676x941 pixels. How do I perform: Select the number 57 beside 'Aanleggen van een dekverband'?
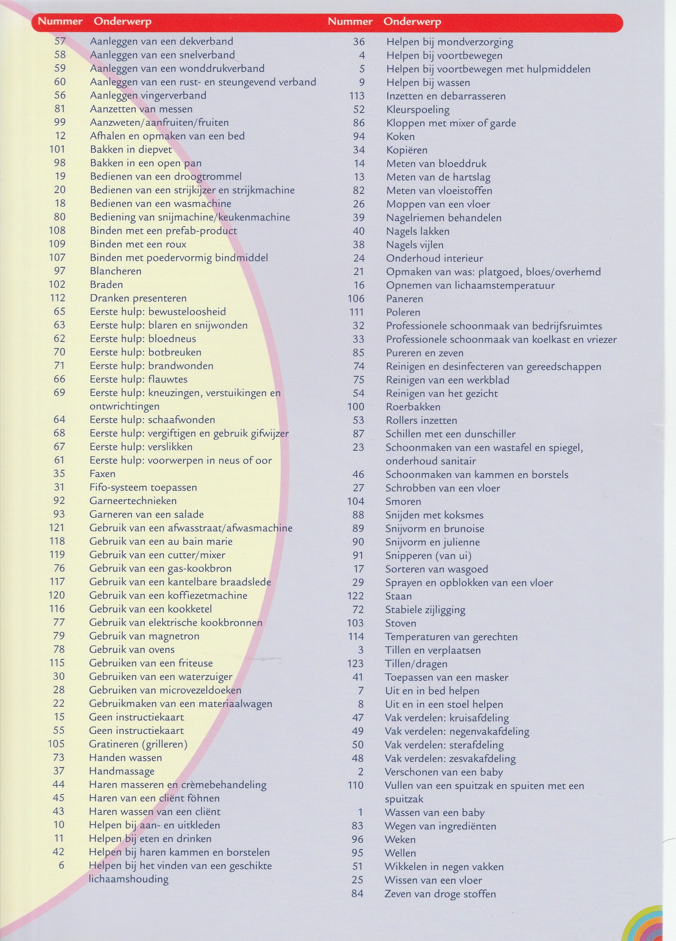point(60,41)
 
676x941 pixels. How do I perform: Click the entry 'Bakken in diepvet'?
point(131,149)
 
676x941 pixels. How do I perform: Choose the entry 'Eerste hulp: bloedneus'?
point(143,339)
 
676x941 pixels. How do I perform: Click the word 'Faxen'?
point(102,474)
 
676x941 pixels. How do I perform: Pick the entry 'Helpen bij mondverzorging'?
point(449,42)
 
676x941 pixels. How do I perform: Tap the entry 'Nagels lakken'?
point(417,231)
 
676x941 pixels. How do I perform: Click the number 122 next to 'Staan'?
point(355,596)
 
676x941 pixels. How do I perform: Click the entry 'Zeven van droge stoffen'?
point(440,894)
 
